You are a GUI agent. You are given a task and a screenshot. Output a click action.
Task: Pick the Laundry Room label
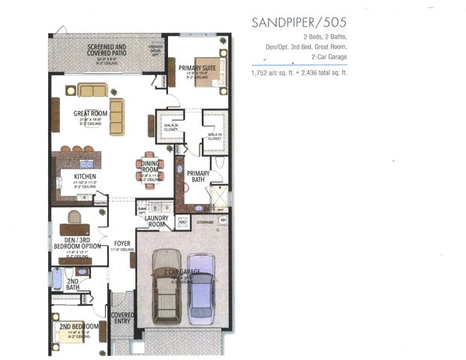[x=155, y=221]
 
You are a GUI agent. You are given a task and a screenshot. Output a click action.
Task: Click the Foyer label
[x=122, y=244]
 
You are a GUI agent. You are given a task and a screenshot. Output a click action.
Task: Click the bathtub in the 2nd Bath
[x=56, y=278]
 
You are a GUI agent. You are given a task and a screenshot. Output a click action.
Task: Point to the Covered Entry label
[x=122, y=318]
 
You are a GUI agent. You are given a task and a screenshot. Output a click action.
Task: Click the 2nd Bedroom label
[x=79, y=327]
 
